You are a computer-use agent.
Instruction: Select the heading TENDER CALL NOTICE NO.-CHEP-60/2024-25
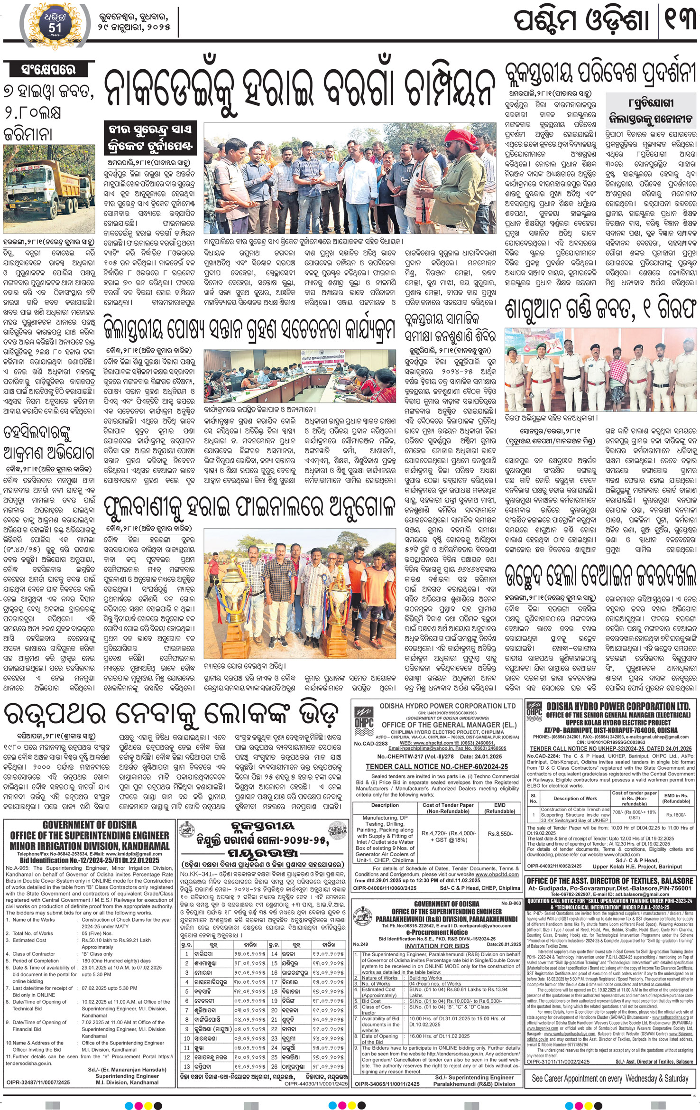point(436,766)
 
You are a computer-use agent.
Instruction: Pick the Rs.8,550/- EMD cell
point(500,833)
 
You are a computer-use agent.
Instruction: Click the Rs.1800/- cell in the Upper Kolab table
point(676,814)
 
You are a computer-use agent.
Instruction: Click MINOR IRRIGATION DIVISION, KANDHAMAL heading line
point(89,846)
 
